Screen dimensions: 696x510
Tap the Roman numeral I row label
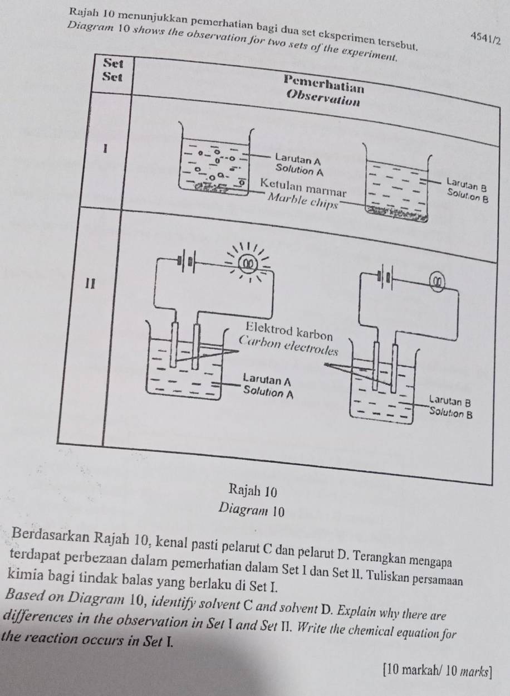click(105, 149)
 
